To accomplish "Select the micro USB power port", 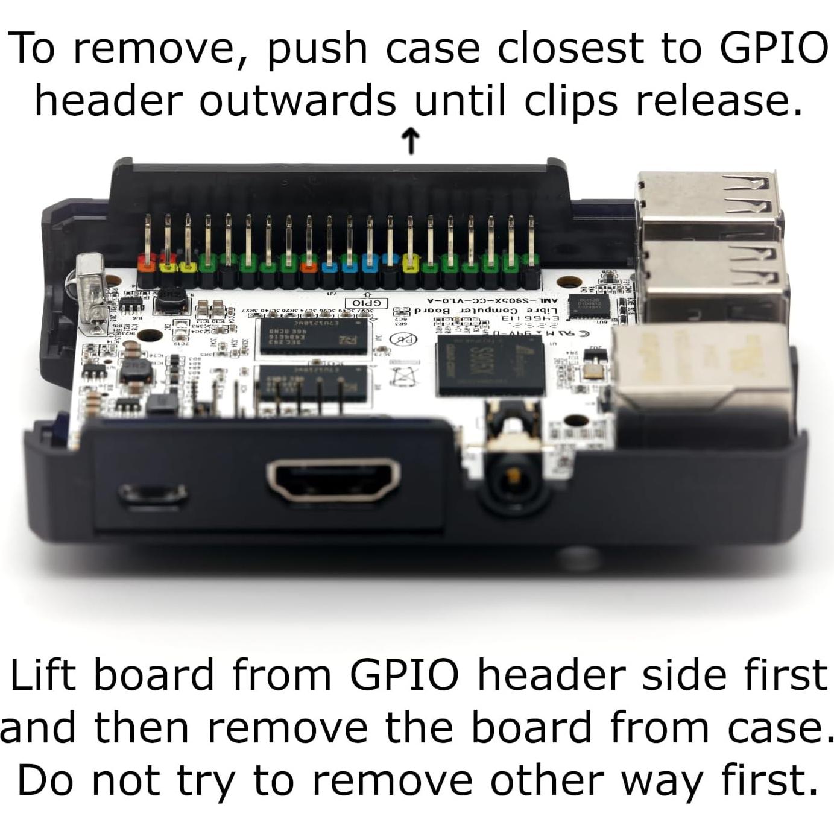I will coord(153,494).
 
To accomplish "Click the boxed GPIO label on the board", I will coord(366,302).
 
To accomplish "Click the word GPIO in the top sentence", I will coord(774,48).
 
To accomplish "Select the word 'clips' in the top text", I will coord(570,101).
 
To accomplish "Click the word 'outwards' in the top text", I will coord(298,101).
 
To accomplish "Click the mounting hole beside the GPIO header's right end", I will coord(568,282).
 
